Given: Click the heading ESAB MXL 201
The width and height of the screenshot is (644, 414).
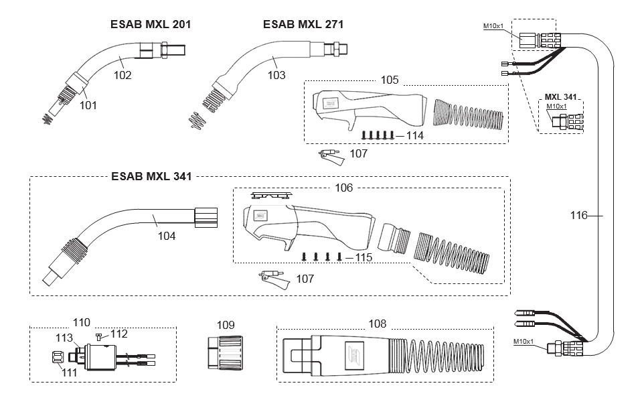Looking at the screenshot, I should [x=151, y=24].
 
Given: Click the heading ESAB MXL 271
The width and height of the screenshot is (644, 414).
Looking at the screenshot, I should [x=303, y=24].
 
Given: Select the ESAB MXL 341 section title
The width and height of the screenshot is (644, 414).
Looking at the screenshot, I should [x=151, y=176].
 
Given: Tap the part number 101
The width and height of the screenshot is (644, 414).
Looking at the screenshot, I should [x=88, y=105].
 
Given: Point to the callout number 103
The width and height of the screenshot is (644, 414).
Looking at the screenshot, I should [x=276, y=75].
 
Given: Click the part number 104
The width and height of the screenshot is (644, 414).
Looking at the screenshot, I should [x=167, y=236].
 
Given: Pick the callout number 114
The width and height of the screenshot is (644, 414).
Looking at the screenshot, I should [x=415, y=136].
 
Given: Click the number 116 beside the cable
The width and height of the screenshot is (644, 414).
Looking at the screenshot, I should [x=579, y=215].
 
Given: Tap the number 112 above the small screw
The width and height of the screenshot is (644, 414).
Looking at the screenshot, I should [x=118, y=334].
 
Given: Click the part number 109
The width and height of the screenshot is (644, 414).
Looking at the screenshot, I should [x=226, y=325].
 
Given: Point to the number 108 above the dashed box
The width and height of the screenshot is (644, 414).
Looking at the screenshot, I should [x=377, y=324].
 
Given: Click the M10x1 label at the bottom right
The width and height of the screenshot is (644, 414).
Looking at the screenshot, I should [x=524, y=342].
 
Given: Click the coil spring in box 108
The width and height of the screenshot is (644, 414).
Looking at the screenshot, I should [x=442, y=355].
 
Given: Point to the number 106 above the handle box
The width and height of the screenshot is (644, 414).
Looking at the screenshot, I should [x=343, y=188].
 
